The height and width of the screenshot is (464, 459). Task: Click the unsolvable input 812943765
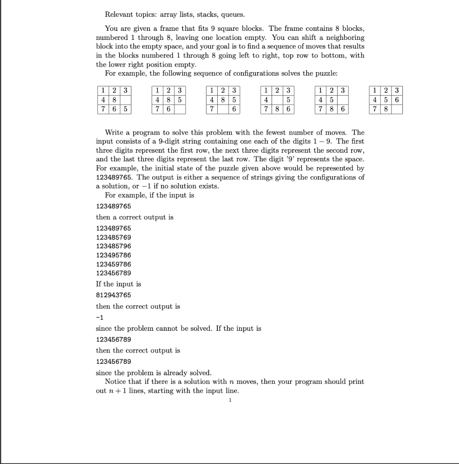114,295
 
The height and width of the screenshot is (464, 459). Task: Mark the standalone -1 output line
100,317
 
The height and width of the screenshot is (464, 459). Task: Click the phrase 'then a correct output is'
134,217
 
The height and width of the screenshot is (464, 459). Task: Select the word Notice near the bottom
116,382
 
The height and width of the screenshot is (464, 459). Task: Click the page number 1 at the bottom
230,401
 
